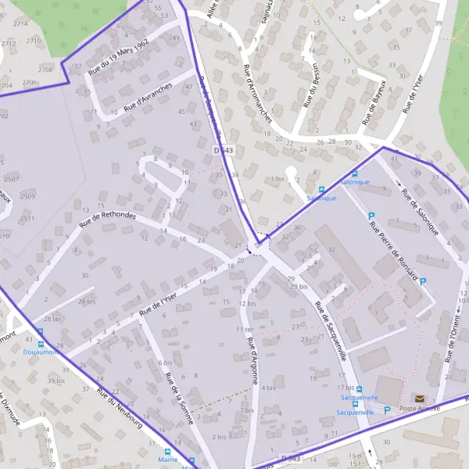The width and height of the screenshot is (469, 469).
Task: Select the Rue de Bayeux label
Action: [x=375, y=102]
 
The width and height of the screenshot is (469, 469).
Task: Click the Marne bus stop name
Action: [x=168, y=460]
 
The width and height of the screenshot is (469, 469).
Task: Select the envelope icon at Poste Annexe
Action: [x=420, y=399]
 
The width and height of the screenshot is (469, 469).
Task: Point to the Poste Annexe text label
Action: [x=420, y=409]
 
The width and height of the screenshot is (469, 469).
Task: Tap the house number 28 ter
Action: [x=52, y=319]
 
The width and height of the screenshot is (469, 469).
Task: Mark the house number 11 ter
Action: [x=244, y=330]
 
